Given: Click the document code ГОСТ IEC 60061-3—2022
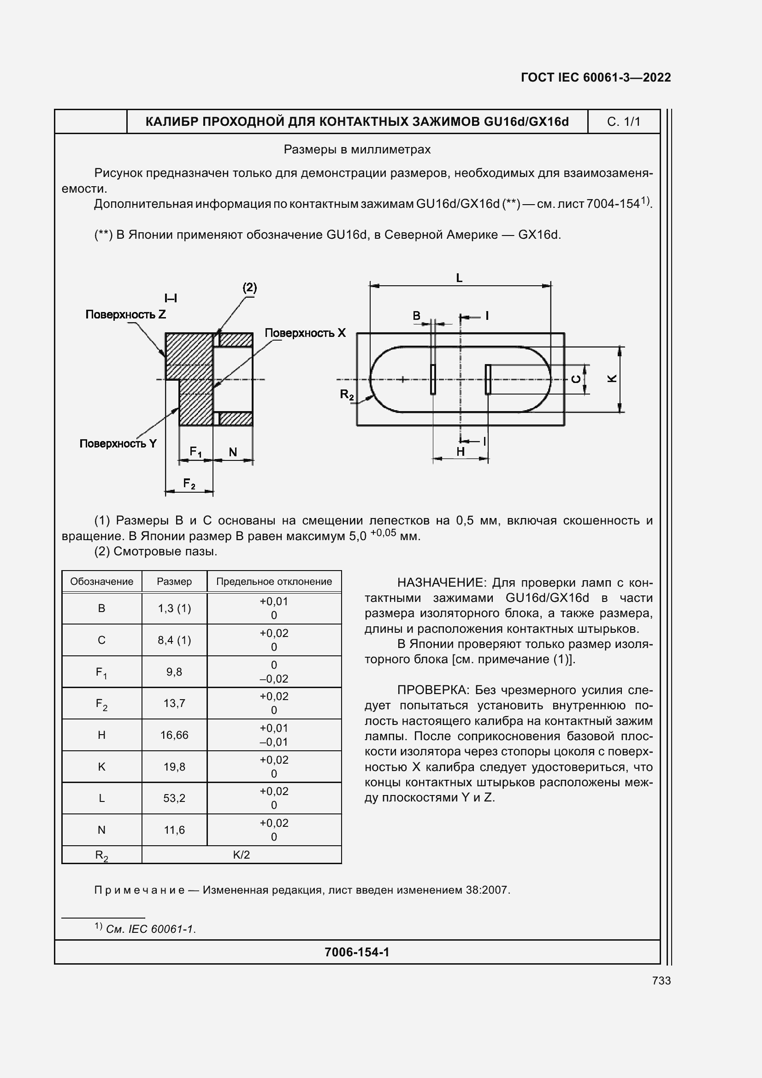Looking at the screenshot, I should pyautogui.click(x=595, y=77).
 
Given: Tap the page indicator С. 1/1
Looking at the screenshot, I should pyautogui.click(x=623, y=122).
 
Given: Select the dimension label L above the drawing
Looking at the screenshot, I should pyautogui.click(x=459, y=278).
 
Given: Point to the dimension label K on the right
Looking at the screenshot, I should pyautogui.click(x=612, y=378).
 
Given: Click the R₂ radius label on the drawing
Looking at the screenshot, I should pyautogui.click(x=347, y=395).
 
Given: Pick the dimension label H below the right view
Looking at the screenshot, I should pyautogui.click(x=461, y=452).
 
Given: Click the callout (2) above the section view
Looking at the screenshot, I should pyautogui.click(x=249, y=287).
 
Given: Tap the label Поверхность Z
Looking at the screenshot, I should pyautogui.click(x=125, y=315).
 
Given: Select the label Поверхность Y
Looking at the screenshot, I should pyautogui.click(x=118, y=444).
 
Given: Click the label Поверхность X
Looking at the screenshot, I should pyautogui.click(x=305, y=333).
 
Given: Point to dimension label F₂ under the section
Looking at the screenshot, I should pyautogui.click(x=189, y=483).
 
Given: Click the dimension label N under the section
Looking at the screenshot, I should pyautogui.click(x=233, y=452).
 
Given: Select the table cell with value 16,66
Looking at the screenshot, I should pyautogui.click(x=174, y=735).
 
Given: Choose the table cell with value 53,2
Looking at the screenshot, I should pyautogui.click(x=174, y=798).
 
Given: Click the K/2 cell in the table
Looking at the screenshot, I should pyautogui.click(x=242, y=854).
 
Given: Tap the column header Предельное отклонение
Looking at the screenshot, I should pyautogui.click(x=274, y=581).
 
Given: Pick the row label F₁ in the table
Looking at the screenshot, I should pyautogui.click(x=101, y=672).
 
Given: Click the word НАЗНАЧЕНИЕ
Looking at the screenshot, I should pyautogui.click(x=439, y=583).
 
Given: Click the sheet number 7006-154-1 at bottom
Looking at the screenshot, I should pyautogui.click(x=357, y=952).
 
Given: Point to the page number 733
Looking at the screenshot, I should pyautogui.click(x=661, y=980).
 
